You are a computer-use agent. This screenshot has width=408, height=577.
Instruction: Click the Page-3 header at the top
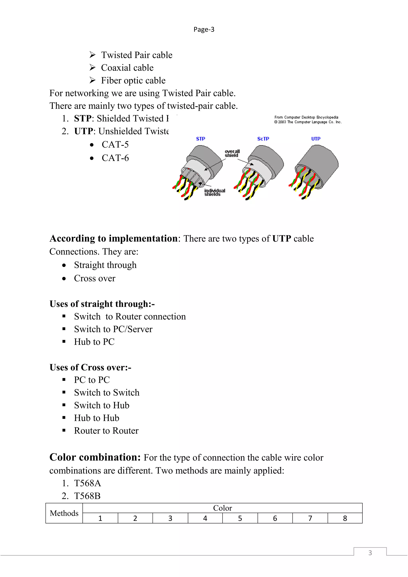(204, 30)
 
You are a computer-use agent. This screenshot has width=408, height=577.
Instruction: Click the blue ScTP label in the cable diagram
(263, 139)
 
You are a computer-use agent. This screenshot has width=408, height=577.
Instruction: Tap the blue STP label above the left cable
(200, 139)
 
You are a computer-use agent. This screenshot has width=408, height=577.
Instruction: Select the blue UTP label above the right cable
(316, 139)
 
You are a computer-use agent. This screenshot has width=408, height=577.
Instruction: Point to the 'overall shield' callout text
(232, 153)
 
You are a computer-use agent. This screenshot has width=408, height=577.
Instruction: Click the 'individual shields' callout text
(214, 192)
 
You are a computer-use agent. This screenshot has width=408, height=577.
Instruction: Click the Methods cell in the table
(64, 513)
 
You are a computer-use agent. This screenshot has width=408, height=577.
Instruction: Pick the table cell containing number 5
(240, 518)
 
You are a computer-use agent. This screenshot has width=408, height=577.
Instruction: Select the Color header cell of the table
(222, 508)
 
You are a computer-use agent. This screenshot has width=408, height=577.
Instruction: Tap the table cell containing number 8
(345, 518)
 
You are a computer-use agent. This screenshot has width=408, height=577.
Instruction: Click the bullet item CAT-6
(115, 158)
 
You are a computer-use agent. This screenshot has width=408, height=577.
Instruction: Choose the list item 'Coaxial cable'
(127, 68)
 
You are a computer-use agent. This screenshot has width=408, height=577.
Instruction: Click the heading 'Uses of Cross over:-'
(90, 367)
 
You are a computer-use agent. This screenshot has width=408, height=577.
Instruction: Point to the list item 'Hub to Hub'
(96, 418)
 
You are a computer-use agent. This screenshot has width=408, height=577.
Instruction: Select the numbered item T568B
(87, 496)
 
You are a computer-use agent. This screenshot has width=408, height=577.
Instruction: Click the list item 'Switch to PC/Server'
(113, 329)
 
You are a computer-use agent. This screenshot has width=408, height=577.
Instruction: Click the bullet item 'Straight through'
(105, 265)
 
